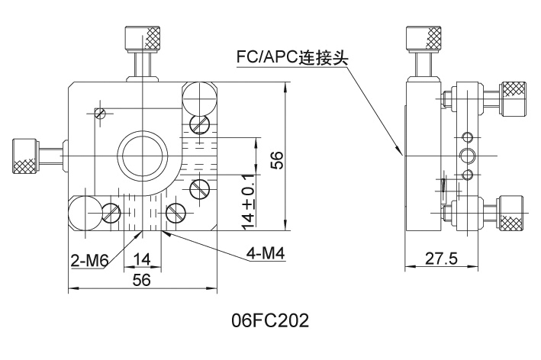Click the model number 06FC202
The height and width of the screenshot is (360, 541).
pos(271,322)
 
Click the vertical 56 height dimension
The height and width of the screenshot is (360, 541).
pos(277,160)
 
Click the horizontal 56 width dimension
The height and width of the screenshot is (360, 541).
pos(141,280)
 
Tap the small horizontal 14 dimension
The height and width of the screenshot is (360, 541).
pos(141,259)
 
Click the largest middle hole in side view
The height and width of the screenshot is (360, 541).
pos(466,156)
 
